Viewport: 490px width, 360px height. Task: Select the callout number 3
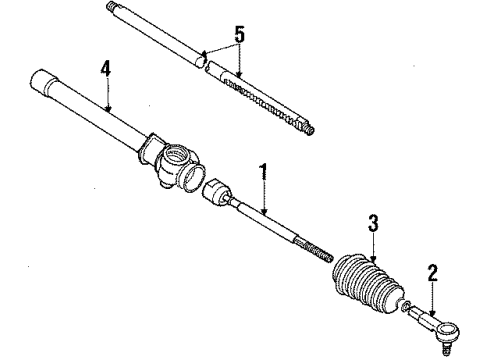tap(372, 224)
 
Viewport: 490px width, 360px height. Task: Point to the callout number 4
tap(105, 70)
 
